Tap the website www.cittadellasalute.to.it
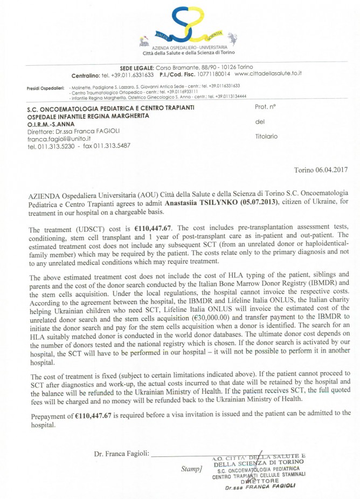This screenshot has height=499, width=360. click(x=268, y=73)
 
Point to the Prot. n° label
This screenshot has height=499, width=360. click(x=265, y=107)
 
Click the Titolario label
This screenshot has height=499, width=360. click(x=266, y=136)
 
